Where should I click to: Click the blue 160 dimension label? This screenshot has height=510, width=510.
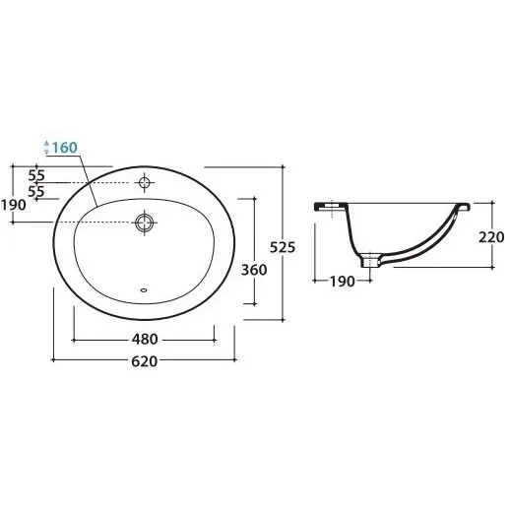coord(65,148)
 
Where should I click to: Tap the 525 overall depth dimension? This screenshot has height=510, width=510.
coord(283,247)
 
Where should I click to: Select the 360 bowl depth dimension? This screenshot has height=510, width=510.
coord(254,270)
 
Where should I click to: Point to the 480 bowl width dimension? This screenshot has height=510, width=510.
coord(145,339)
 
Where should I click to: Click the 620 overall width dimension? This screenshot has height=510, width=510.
coord(145,361)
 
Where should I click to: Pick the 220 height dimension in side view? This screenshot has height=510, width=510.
coord(491,237)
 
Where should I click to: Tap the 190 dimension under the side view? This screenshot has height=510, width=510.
coord(342,282)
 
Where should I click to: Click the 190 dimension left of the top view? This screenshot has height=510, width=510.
coord(14,205)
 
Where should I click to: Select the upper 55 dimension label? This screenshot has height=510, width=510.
coord(36,175)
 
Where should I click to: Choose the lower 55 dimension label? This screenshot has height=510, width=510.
coord(36,191)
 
